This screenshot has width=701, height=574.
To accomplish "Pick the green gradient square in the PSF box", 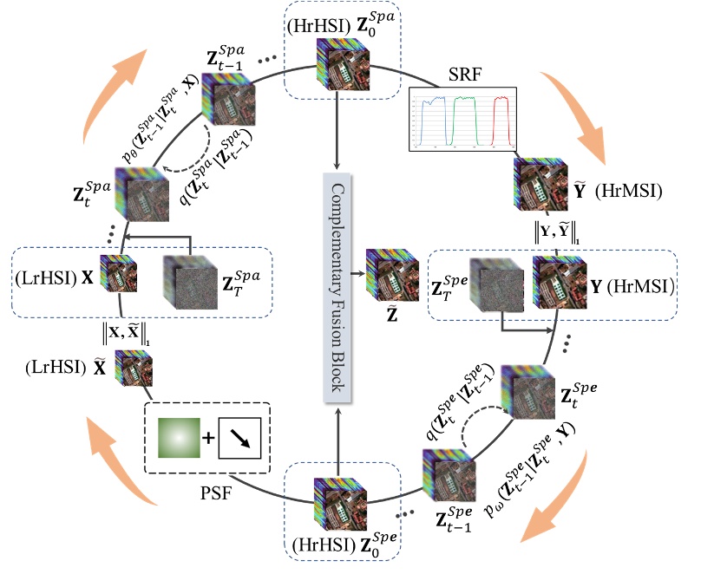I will pos(177,438).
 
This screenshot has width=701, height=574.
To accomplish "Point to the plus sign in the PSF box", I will pos(208,439).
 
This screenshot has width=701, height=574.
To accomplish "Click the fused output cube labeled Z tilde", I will pos(387,268).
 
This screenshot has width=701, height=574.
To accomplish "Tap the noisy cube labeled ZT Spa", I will pos(188,282).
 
